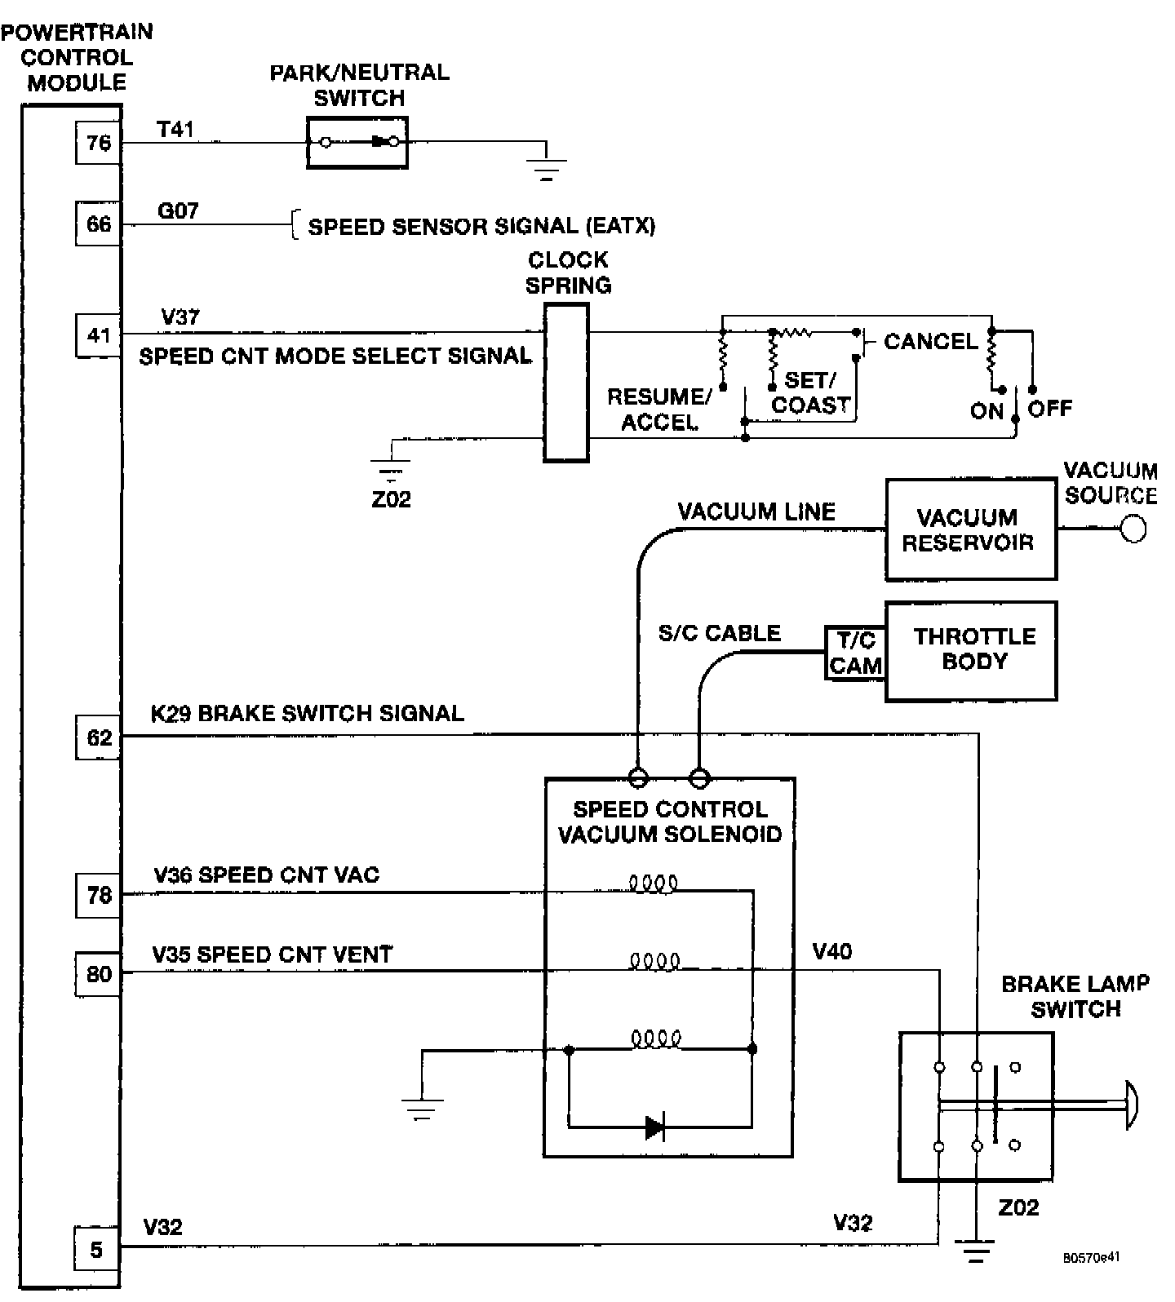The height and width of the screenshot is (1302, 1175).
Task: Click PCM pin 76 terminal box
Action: click(x=99, y=144)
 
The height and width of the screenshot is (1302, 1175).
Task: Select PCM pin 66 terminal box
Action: click(x=99, y=224)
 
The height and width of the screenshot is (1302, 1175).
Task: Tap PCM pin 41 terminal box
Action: click(x=99, y=335)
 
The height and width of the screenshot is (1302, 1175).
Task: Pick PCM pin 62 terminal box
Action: click(x=99, y=737)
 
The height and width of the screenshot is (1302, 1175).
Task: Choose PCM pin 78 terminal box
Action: click(x=99, y=895)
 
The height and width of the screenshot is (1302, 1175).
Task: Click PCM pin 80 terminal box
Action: click(x=99, y=974)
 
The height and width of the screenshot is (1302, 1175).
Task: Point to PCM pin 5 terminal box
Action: click(x=97, y=1249)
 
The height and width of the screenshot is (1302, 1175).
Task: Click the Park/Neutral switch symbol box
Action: click(x=357, y=143)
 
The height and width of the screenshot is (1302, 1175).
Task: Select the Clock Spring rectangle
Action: click(x=566, y=383)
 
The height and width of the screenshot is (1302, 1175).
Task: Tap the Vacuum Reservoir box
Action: click(x=970, y=529)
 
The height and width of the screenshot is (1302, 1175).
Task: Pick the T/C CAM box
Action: click(x=855, y=653)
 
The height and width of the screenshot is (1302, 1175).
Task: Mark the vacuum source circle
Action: click(x=1133, y=529)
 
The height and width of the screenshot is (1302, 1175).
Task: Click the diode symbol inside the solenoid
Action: click(x=654, y=1127)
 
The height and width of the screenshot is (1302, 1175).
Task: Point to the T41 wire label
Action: click(x=175, y=129)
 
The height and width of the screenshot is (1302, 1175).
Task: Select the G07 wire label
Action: click(x=178, y=210)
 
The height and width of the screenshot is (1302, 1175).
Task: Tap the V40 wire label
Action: click(x=832, y=951)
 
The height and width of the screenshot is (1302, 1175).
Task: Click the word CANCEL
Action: click(x=930, y=341)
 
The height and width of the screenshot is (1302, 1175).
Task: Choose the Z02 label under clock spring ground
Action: click(x=391, y=499)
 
